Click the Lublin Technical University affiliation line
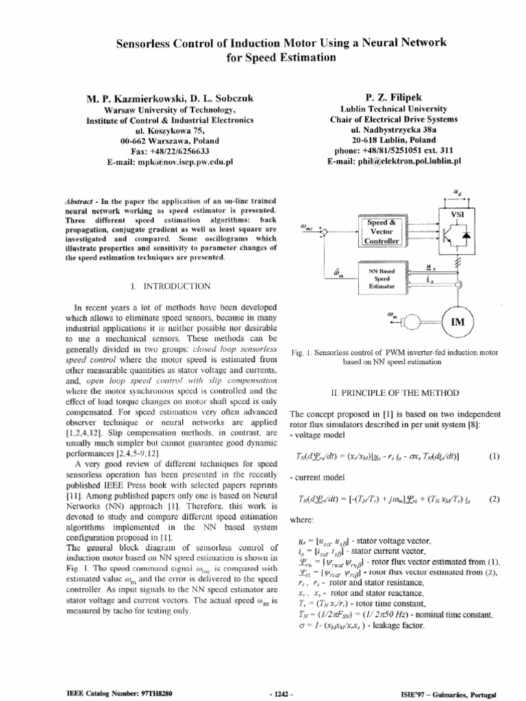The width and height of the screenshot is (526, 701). tap(394, 108)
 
